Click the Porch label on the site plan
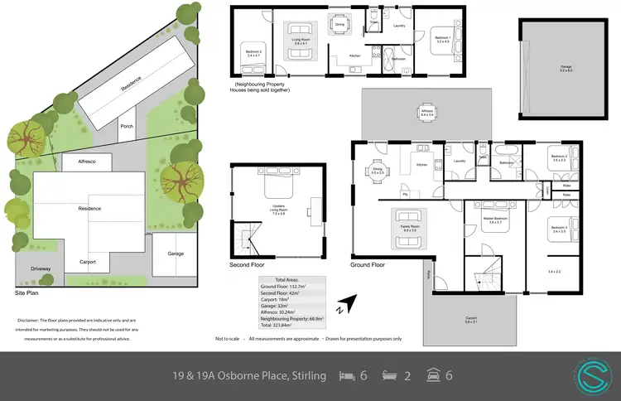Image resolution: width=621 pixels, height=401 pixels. [x=127, y=127]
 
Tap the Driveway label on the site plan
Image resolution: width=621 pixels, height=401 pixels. [x=41, y=268]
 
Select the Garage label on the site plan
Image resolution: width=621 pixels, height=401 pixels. [x=176, y=254]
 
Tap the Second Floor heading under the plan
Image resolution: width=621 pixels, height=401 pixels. [x=248, y=265]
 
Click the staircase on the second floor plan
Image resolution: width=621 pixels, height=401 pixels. [x=246, y=239]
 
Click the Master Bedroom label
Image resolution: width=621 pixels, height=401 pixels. [x=495, y=219]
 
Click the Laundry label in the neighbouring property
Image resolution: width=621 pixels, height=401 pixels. [x=398, y=27]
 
